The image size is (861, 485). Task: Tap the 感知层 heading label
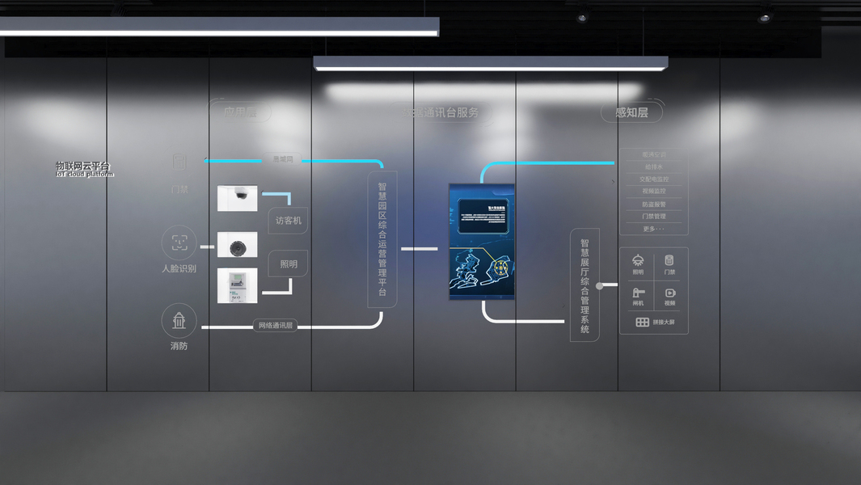tap(631, 112)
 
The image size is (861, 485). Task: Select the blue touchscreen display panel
tap(482, 241)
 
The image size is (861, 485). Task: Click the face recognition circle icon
tap(179, 242)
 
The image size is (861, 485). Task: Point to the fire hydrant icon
tap(179, 321)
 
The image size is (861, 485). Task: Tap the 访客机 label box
tap(288, 221)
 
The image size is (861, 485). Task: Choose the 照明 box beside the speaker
tap(288, 264)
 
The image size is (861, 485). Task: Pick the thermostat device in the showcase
tap(238, 285)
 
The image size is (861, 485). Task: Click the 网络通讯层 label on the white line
tap(275, 326)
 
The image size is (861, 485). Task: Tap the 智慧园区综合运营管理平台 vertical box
tap(382, 239)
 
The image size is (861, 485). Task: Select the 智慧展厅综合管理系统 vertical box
tap(585, 285)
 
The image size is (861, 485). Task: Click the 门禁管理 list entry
tap(653, 217)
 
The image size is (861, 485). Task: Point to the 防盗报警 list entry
tap(653, 205)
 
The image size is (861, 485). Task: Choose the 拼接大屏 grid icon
tap(643, 322)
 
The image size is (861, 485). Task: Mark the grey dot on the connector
tap(599, 285)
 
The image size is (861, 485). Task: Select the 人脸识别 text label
tap(179, 268)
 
